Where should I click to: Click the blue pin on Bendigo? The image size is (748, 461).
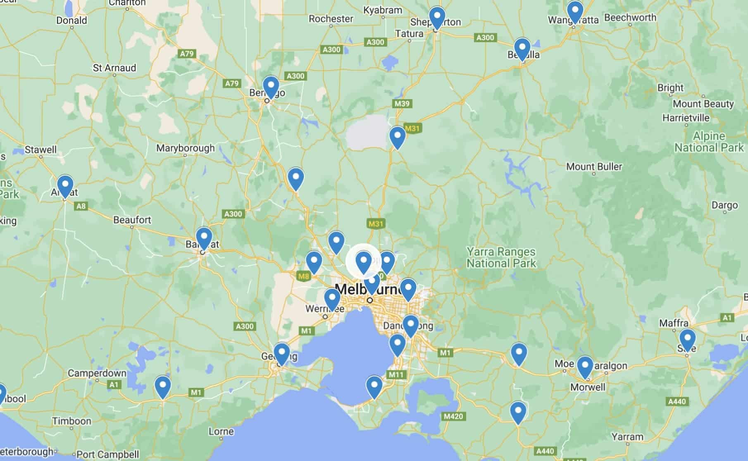tap(271, 86)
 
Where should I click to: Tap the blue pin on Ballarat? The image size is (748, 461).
tap(204, 238)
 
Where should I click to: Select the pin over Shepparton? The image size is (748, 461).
tap(437, 17)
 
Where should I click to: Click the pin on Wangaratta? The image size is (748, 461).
tap(575, 12)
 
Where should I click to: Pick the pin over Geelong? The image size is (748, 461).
tap(282, 353)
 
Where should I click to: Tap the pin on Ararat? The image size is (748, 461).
tap(65, 185)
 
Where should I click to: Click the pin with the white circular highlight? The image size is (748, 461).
tap(364, 261)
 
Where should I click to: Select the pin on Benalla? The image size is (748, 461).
tap(522, 48)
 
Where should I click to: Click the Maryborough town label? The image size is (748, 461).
tap(186, 148)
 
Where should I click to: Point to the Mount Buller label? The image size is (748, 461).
tap(594, 166)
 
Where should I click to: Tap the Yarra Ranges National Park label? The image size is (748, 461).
tap(501, 257)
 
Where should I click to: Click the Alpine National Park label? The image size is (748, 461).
tap(709, 142)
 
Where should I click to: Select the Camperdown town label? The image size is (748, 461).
tap(97, 373)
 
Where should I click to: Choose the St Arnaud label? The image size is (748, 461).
tap(114, 68)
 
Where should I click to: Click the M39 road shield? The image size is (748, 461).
tap(402, 103)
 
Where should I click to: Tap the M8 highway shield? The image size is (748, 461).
tap(303, 276)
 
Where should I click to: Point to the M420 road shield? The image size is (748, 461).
tap(453, 416)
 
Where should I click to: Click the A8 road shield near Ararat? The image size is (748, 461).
tap(81, 206)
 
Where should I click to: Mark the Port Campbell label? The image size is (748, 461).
tap(107, 454)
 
